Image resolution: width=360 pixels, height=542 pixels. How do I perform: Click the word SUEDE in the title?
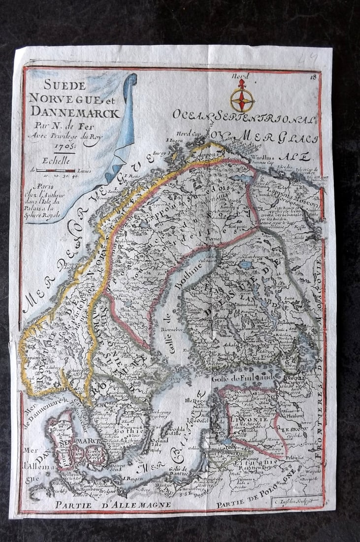(x=65, y=86)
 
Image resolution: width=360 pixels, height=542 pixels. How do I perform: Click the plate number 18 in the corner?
(x=313, y=76)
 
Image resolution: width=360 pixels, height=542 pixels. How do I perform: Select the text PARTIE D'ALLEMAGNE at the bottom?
(x=113, y=505)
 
